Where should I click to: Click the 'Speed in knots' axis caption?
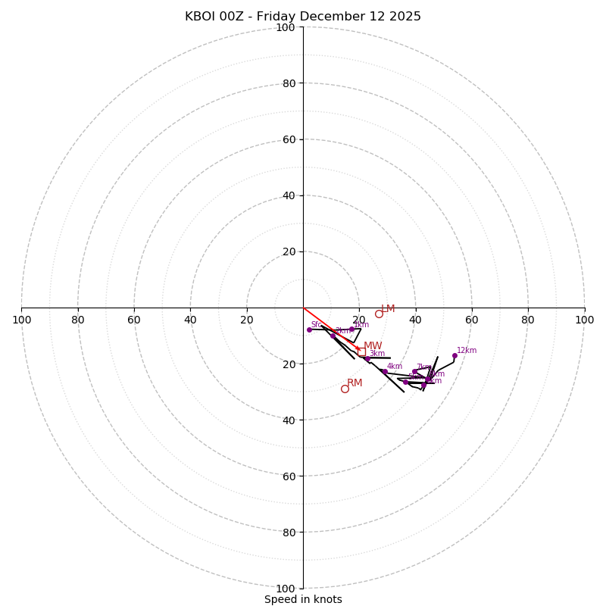tap(303, 599)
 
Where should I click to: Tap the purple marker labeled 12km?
tap(454, 355)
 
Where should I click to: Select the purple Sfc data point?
tap(309, 330)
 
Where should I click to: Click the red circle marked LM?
tap(379, 314)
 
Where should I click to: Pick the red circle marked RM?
tap(345, 389)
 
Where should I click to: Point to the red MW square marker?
tap(361, 351)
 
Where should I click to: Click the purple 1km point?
tap(351, 329)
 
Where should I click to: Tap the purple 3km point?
tap(367, 358)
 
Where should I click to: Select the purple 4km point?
tap(385, 371)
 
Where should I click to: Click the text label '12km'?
tap(467, 351)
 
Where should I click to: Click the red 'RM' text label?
tap(355, 383)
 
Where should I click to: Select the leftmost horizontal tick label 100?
tap(21, 320)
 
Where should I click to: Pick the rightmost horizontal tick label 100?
tap(585, 320)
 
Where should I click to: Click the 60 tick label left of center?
tap(134, 320)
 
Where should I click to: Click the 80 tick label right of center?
tap(528, 320)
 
